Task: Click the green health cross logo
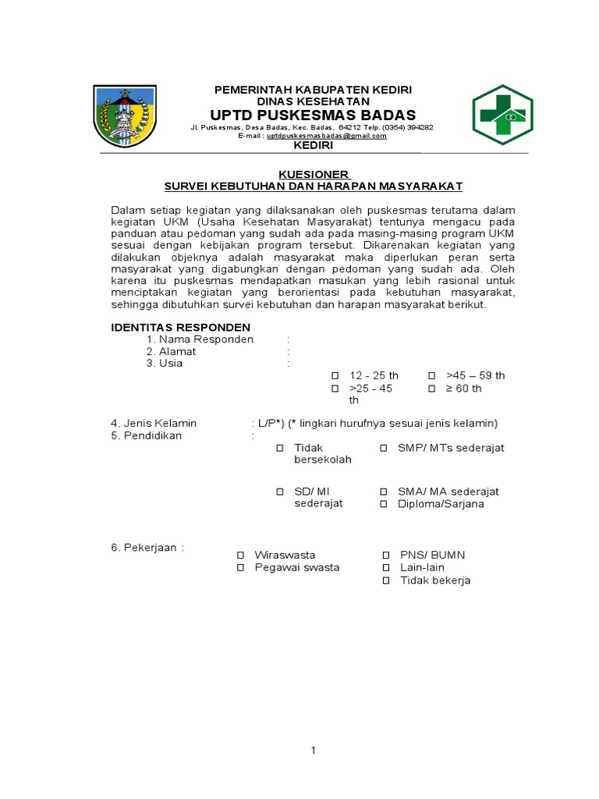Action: (502, 115)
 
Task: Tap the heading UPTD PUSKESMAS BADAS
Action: (313, 115)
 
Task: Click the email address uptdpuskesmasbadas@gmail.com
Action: (327, 136)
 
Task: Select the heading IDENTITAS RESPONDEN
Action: (180, 327)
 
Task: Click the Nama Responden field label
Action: (200, 339)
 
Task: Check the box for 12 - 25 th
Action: (335, 375)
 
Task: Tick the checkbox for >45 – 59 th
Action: (431, 375)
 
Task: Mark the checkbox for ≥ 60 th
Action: (431, 389)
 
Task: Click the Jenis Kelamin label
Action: (154, 423)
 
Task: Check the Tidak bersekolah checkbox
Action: (279, 448)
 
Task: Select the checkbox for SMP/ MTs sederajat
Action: (384, 448)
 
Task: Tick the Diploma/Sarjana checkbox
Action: (384, 504)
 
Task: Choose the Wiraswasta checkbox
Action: (241, 555)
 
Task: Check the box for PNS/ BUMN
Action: (386, 555)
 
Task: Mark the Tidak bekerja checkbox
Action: (386, 581)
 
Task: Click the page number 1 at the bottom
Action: (313, 751)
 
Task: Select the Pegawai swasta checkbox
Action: (241, 568)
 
